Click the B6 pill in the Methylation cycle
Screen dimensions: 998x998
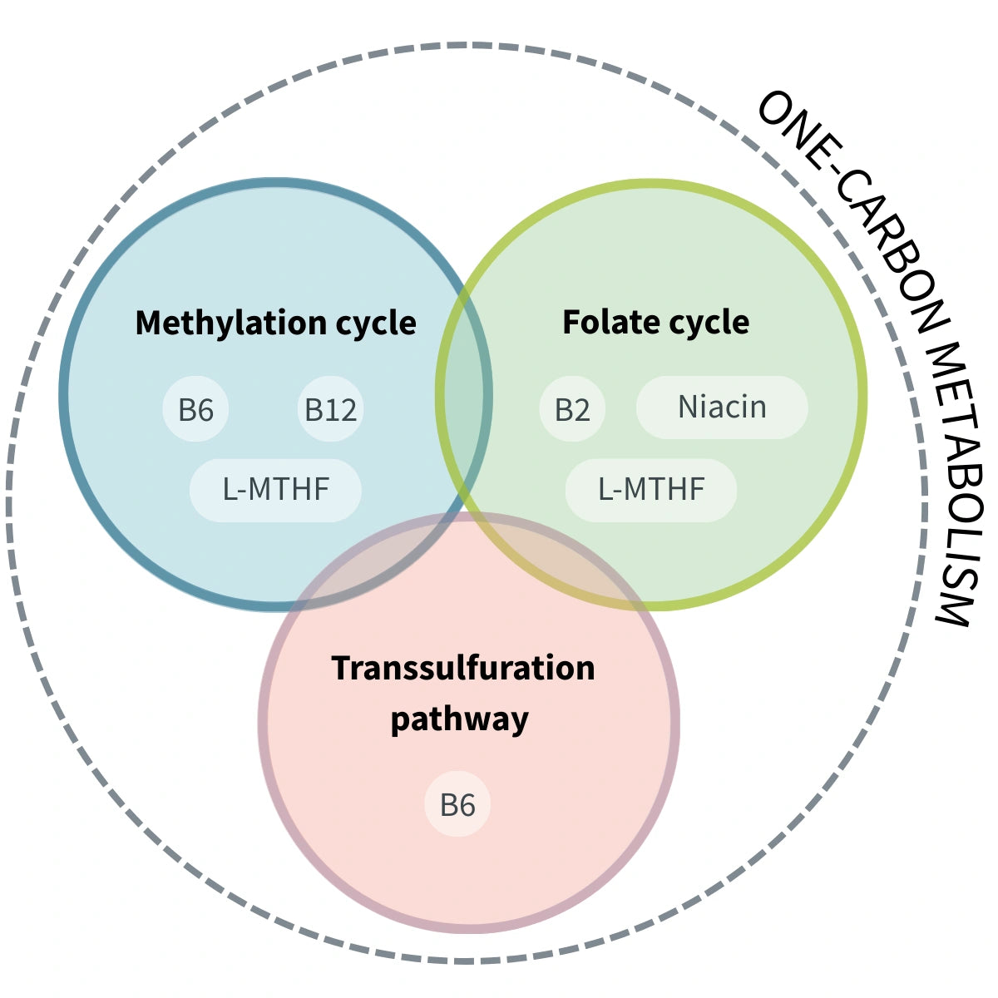point(195,409)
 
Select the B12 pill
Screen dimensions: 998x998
point(330,409)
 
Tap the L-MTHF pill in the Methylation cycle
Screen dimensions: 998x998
point(275,490)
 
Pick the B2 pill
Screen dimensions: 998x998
point(572,409)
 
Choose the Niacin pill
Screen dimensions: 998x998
point(722,407)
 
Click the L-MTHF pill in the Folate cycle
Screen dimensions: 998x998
point(651,490)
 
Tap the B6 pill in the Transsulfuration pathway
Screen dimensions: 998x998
point(457,804)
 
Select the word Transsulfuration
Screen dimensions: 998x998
point(463,668)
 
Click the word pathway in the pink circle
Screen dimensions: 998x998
point(459,719)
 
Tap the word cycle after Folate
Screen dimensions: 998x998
point(706,322)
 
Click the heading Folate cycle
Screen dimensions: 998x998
point(655,322)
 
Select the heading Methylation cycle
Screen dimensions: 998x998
point(275,323)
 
